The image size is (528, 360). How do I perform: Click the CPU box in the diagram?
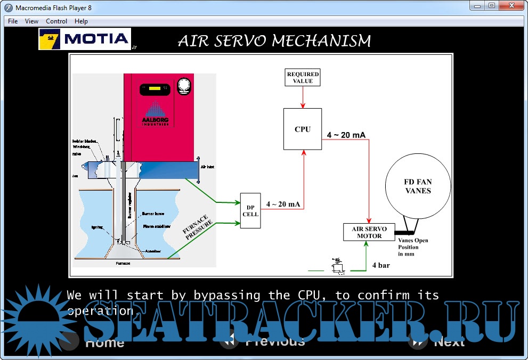(303, 129)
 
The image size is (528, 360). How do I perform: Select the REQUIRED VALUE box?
(303, 78)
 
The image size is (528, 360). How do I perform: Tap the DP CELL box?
(250, 211)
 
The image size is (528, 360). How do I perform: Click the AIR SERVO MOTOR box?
(369, 232)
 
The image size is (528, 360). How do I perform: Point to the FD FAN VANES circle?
(418, 186)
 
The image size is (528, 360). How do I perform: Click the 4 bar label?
(381, 265)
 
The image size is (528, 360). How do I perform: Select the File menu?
(13, 21)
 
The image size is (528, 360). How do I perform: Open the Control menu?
(56, 21)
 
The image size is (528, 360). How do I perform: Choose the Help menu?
(81, 21)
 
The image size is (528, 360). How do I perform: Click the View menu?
(32, 21)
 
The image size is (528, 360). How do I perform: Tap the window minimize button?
(476, 5)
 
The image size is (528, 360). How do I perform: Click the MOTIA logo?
(85, 39)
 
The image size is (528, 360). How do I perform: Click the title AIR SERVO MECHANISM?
(274, 41)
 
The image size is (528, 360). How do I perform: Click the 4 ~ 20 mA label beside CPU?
(346, 135)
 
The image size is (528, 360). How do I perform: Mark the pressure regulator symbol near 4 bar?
(337, 267)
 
